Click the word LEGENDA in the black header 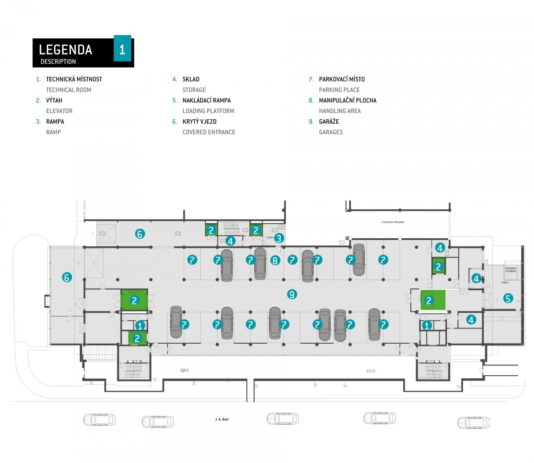click(65, 49)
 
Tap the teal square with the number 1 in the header click(122, 48)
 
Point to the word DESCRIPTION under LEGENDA click(58, 61)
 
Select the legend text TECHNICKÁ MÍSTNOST click(74, 79)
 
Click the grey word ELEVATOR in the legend click(59, 111)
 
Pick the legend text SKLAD click(191, 79)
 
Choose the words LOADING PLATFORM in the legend click(208, 111)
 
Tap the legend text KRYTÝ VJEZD click(199, 122)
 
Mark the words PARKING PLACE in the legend click(339, 90)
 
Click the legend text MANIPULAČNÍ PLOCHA click(348, 101)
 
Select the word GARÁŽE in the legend click(329, 122)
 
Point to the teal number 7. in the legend click(311, 79)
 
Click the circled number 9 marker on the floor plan click(292, 294)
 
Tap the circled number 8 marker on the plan click(275, 260)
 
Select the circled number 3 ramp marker click(279, 238)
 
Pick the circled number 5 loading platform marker click(508, 298)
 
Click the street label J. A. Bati click(222, 419)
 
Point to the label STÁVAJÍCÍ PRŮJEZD click(393, 222)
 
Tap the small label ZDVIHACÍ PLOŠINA click(510, 270)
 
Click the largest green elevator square click(433, 300)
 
